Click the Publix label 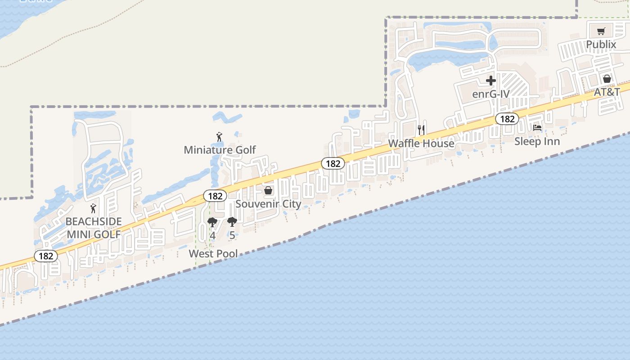601,45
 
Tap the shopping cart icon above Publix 601,31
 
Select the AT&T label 607,92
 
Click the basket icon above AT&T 607,79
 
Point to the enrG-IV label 490,94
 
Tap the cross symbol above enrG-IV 491,81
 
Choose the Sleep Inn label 537,141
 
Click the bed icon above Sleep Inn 537,128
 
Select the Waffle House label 421,143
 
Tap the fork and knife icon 421,130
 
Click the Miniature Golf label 220,150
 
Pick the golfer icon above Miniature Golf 219,137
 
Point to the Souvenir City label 268,204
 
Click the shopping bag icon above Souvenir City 268,191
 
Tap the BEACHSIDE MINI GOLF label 94,228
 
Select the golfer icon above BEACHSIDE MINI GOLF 93,208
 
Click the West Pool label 213,253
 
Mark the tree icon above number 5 232,221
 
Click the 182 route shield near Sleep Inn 507,119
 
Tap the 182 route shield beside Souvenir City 215,196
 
